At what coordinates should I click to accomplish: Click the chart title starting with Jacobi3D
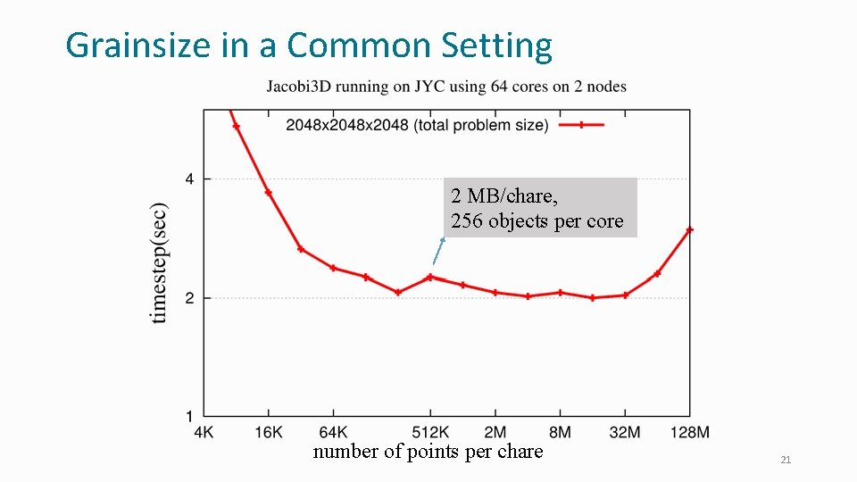click(x=446, y=87)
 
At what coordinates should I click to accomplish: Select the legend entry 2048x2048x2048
click(x=417, y=125)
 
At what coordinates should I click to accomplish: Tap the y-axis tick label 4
click(x=189, y=179)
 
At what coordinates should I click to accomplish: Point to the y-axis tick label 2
click(x=189, y=298)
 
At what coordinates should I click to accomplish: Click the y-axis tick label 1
click(x=189, y=416)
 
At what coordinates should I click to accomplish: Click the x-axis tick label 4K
click(x=204, y=432)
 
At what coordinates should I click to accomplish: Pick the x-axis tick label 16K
click(x=269, y=432)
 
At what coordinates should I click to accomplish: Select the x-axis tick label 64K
click(x=333, y=432)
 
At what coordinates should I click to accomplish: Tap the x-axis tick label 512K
click(x=430, y=432)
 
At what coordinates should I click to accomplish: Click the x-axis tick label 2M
click(x=495, y=432)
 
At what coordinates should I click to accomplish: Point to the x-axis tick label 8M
click(x=560, y=432)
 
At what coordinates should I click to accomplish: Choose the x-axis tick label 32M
click(x=625, y=432)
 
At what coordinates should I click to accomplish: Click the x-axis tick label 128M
click(x=689, y=432)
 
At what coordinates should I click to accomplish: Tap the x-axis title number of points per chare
click(x=428, y=452)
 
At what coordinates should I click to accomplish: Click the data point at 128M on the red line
click(x=689, y=230)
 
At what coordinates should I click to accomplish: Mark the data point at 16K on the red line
click(x=269, y=193)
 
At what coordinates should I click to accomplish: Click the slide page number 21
click(x=786, y=460)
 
